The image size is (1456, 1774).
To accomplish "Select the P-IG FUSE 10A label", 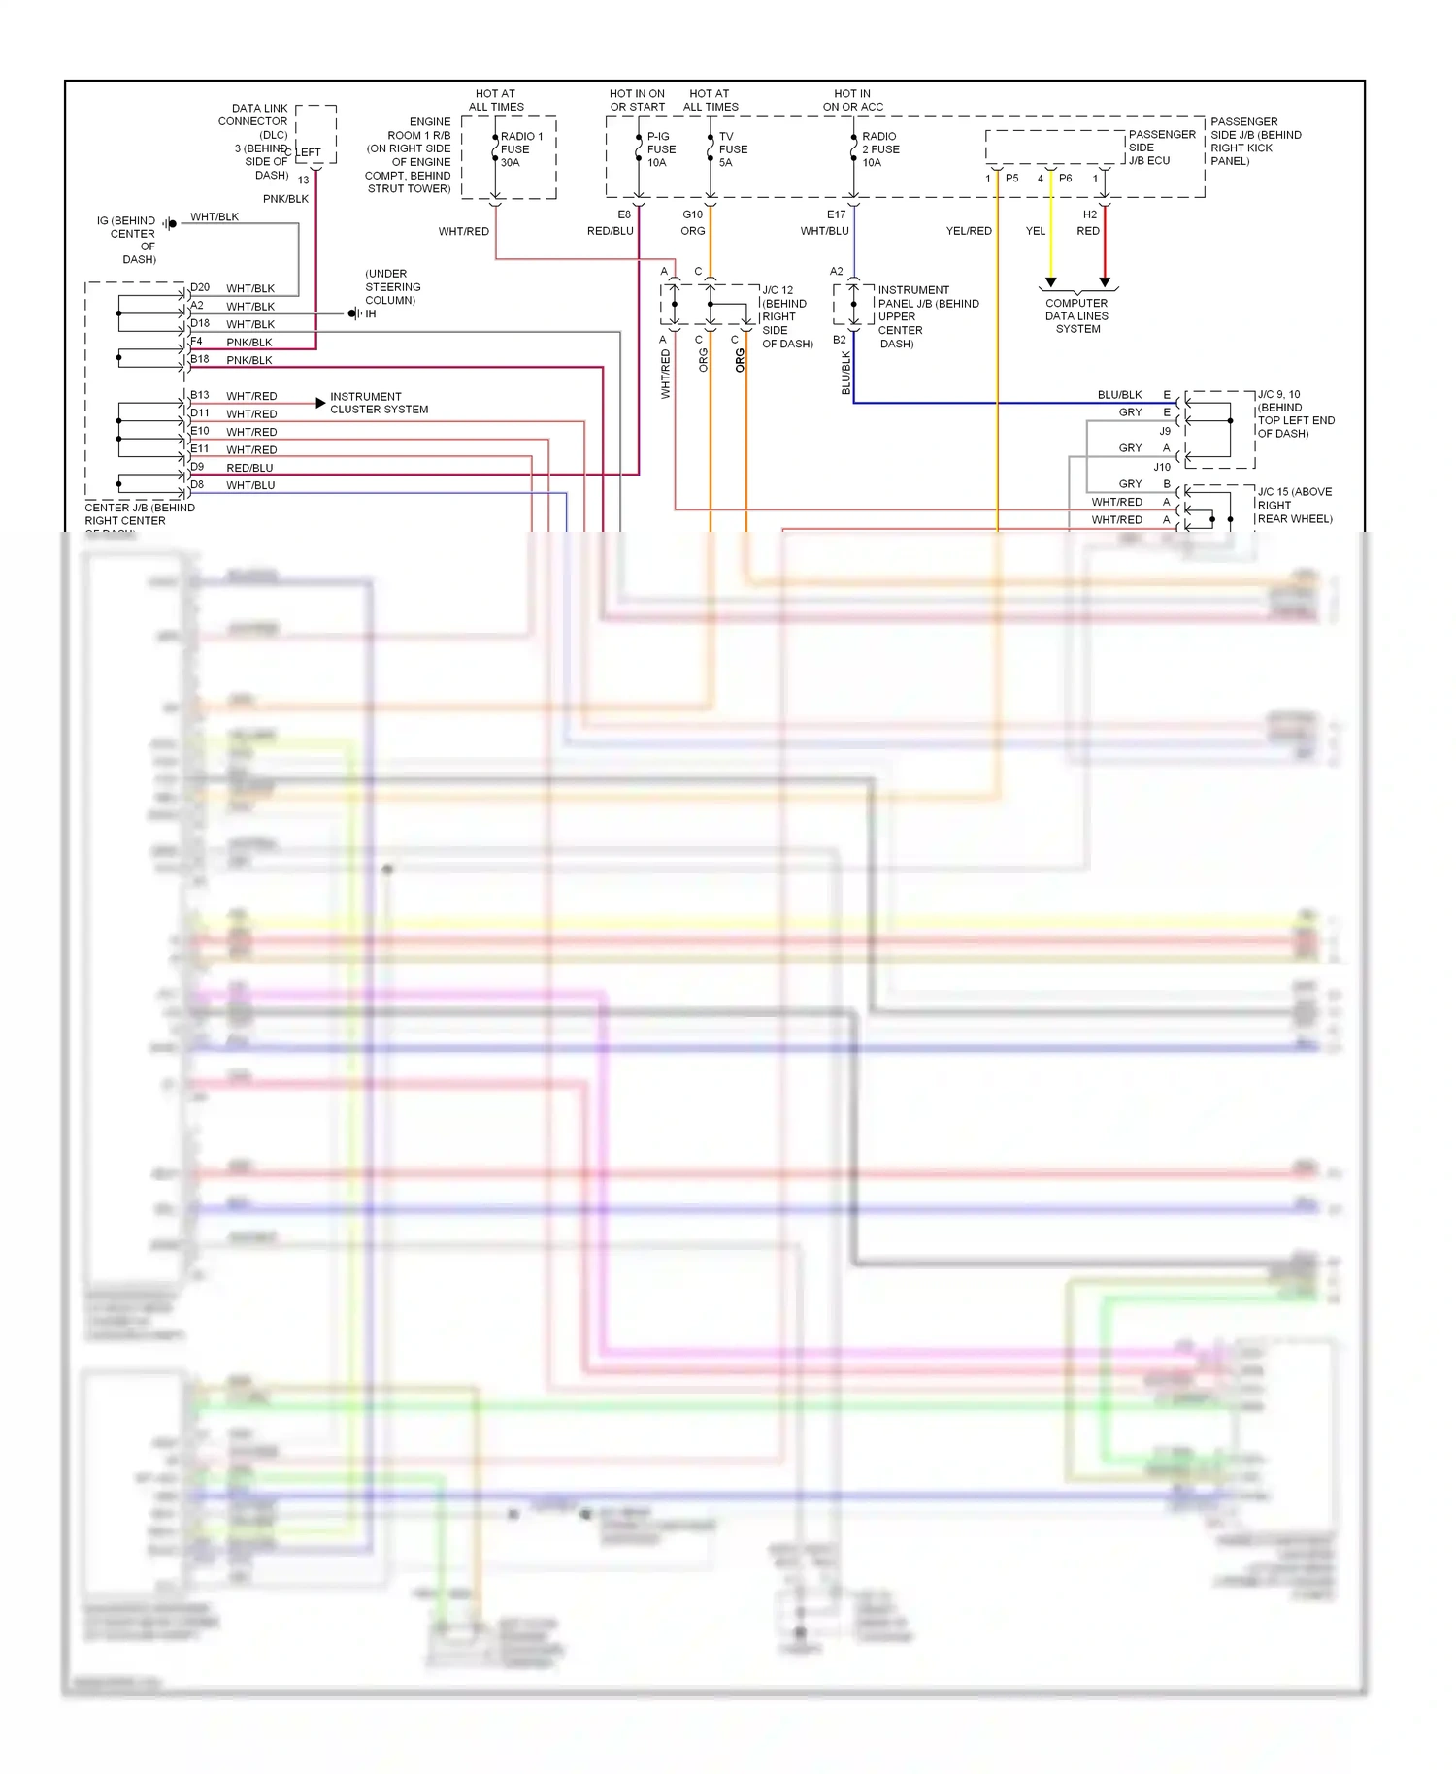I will (x=661, y=149).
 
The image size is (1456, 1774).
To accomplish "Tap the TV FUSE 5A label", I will (x=733, y=149).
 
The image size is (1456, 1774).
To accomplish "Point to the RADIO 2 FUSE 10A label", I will (x=880, y=149).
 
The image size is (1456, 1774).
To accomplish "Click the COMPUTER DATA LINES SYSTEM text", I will (x=1076, y=315).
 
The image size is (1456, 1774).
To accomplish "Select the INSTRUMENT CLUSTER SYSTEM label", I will (x=379, y=403).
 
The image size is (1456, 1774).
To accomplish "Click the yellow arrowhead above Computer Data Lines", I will (x=1050, y=282).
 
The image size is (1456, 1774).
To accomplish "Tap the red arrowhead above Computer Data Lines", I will (x=1105, y=282).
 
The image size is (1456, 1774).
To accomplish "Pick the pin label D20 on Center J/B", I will (x=200, y=287).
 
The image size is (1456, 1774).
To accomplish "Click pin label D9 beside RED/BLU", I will (x=197, y=467).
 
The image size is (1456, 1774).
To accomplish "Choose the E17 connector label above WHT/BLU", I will (x=836, y=214).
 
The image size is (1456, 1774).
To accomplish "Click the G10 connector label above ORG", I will (x=692, y=214).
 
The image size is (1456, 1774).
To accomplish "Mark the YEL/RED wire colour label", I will (x=969, y=231).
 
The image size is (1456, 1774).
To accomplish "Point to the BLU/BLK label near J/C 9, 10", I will (x=1119, y=395).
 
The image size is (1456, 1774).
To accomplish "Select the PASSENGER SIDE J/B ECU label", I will (x=1161, y=148).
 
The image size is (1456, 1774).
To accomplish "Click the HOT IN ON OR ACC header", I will (x=852, y=100).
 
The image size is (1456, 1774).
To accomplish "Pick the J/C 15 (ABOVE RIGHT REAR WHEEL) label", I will (x=1294, y=505).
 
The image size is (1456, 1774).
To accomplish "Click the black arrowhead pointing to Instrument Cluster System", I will (x=320, y=402).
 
